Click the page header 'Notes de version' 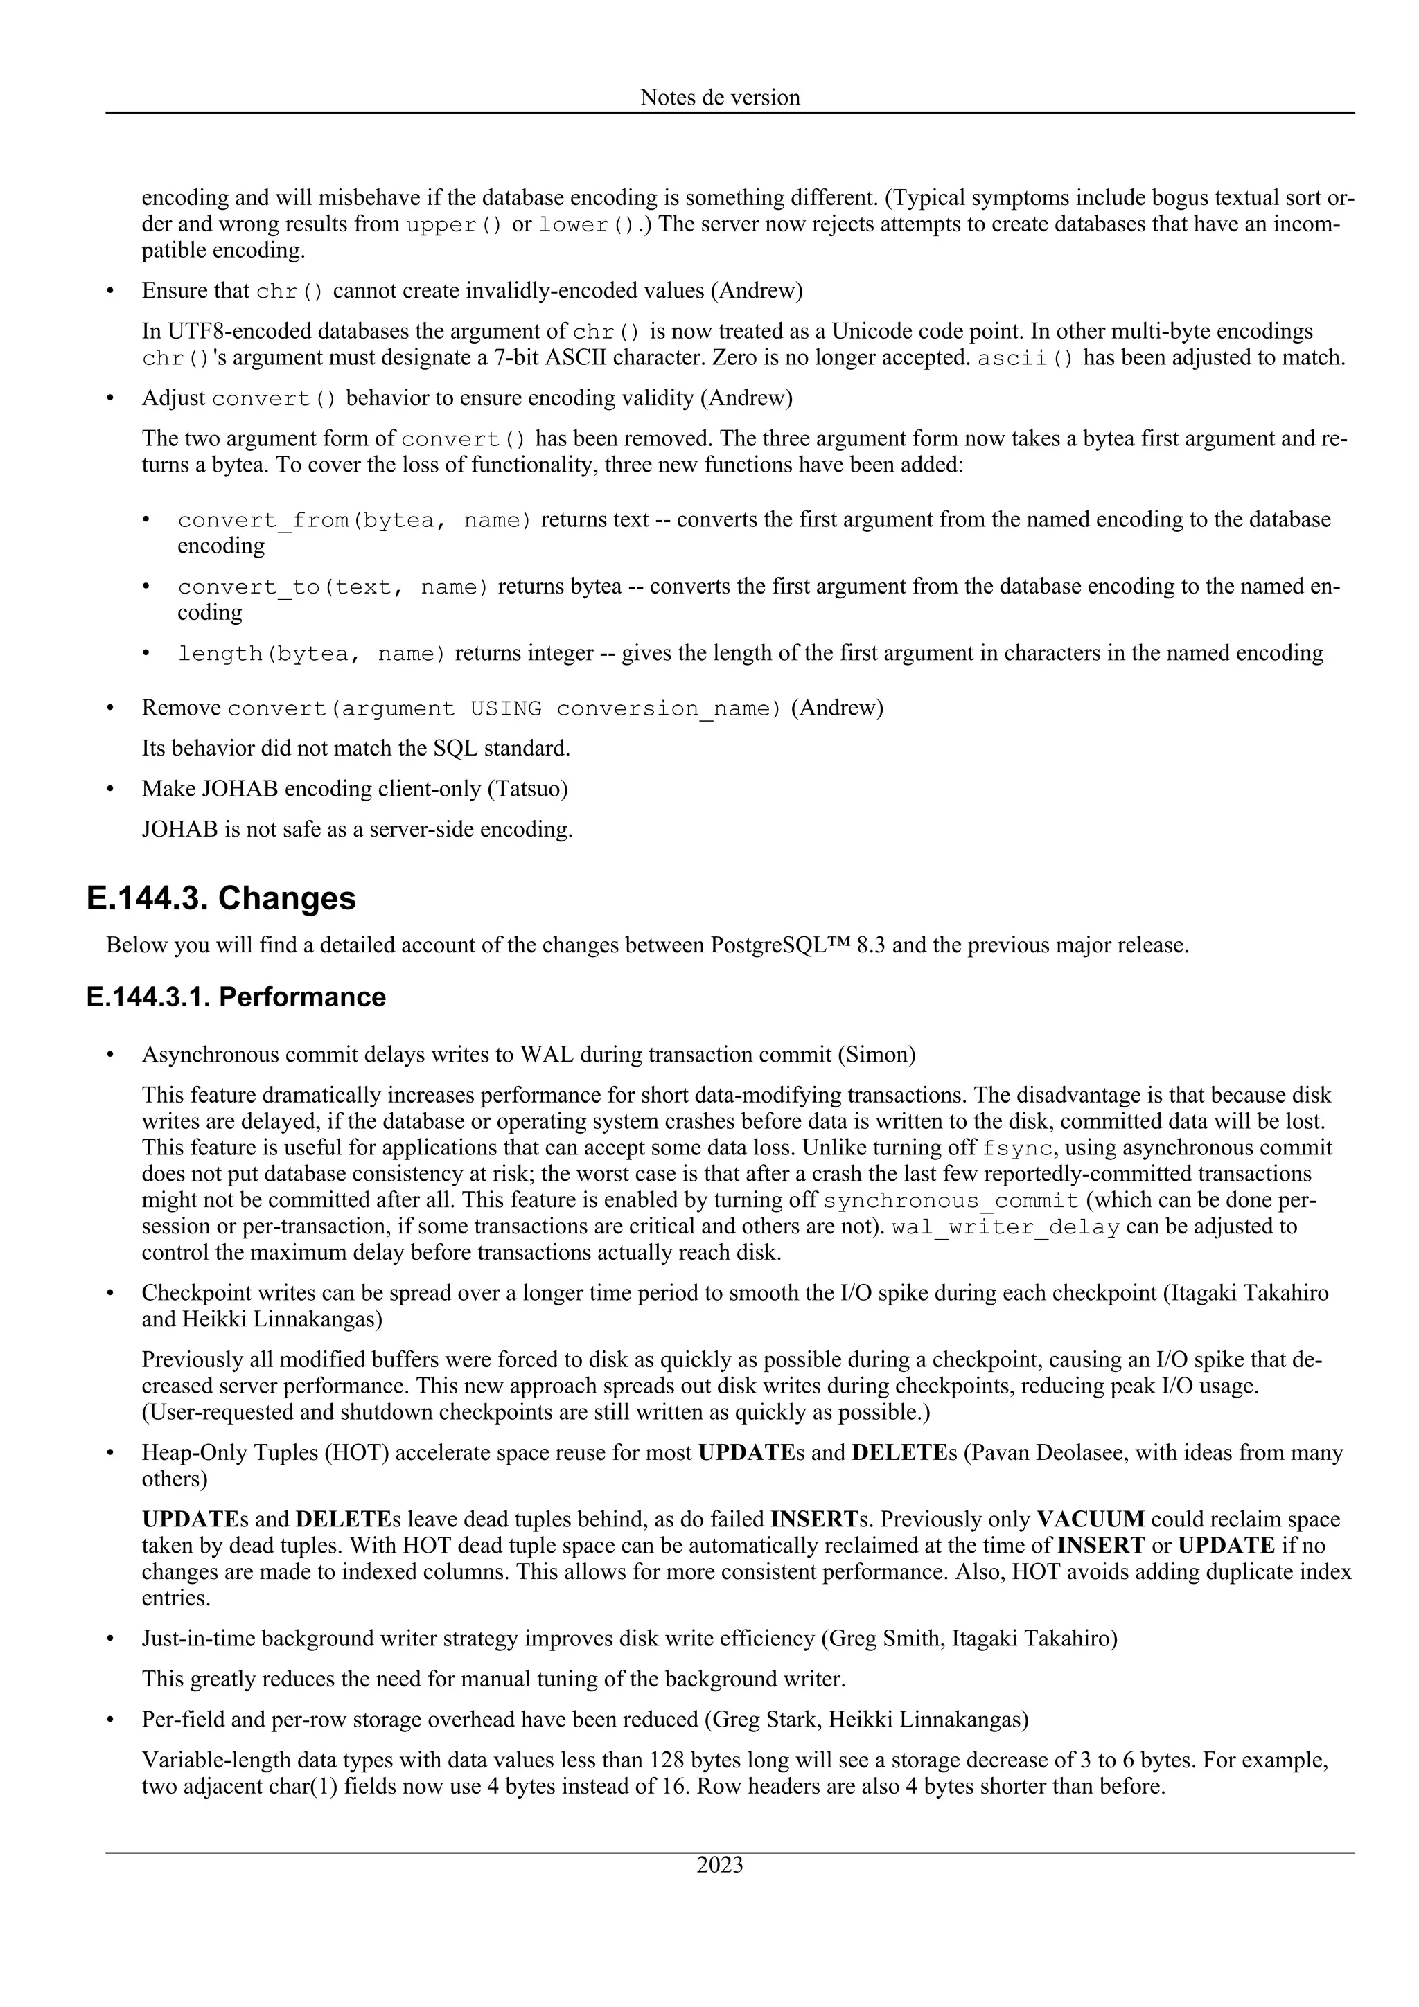click(720, 97)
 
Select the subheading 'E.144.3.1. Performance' click(236, 997)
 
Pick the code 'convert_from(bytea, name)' click(354, 520)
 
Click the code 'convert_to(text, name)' click(333, 587)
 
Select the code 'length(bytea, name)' click(311, 654)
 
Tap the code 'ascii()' click(1025, 359)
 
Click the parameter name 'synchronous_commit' click(951, 1200)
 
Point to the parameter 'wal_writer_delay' click(1005, 1226)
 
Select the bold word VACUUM click(1091, 1519)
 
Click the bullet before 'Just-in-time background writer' click(110, 1638)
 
